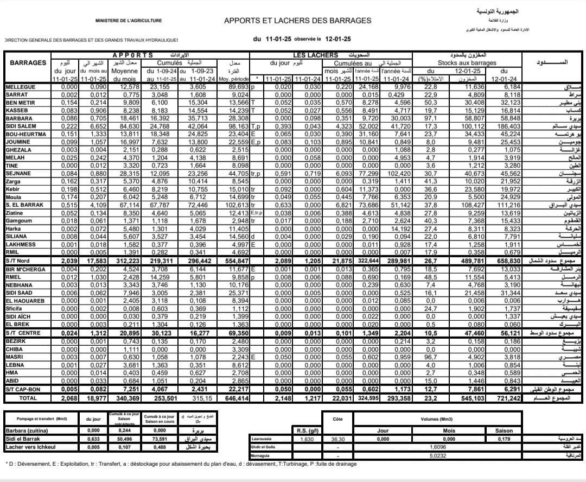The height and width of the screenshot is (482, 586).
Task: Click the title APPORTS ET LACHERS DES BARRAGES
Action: (x=297, y=21)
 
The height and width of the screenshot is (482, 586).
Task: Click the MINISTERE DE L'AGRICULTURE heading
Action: (x=129, y=21)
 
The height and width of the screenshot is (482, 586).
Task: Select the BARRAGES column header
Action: (x=28, y=62)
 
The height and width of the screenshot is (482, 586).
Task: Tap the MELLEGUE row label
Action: (x=21, y=87)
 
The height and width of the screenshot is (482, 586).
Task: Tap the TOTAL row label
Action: (x=28, y=398)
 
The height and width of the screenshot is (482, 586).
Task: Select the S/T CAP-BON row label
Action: (x=23, y=389)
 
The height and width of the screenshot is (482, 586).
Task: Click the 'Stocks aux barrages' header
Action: (x=467, y=63)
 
